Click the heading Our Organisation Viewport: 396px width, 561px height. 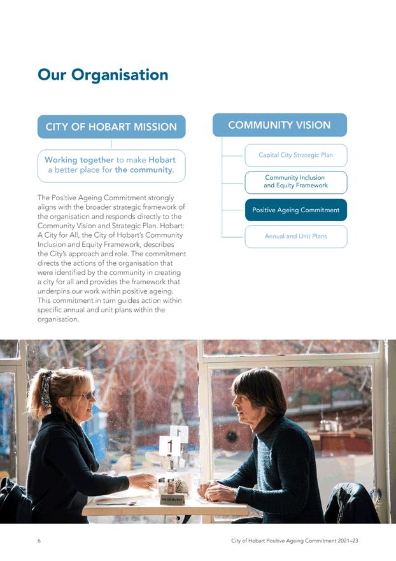coord(103,75)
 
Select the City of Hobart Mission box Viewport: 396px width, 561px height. coord(111,127)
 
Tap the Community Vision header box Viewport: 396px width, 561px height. coord(279,125)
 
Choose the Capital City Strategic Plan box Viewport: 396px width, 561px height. coord(295,155)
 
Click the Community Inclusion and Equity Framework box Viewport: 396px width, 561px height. coord(295,182)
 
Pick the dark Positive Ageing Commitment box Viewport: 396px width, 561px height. coord(295,210)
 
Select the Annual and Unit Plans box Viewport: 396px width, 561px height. coord(295,237)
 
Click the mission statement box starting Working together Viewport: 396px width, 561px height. coord(111,165)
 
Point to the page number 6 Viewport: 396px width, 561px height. coord(39,541)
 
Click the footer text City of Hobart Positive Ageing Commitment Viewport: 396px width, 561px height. coord(294,541)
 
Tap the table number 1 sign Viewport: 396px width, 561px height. coord(169,446)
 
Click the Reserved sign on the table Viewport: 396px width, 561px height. coord(172,500)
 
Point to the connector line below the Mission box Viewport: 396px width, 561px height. coord(111,144)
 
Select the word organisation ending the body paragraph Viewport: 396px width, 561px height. coord(58,319)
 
